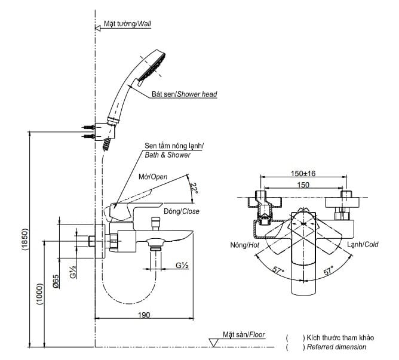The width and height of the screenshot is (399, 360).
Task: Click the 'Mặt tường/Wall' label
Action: (127, 23)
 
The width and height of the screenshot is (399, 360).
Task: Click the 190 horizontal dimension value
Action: (143, 315)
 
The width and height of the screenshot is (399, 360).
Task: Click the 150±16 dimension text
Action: (303, 173)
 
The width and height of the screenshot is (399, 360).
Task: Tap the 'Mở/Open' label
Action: (153, 177)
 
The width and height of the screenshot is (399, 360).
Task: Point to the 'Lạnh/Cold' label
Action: (363, 245)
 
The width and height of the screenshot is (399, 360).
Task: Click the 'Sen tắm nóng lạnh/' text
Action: (174, 146)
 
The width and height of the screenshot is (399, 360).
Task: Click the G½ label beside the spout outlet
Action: (182, 265)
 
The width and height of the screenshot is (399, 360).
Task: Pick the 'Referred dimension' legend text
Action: (336, 347)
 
